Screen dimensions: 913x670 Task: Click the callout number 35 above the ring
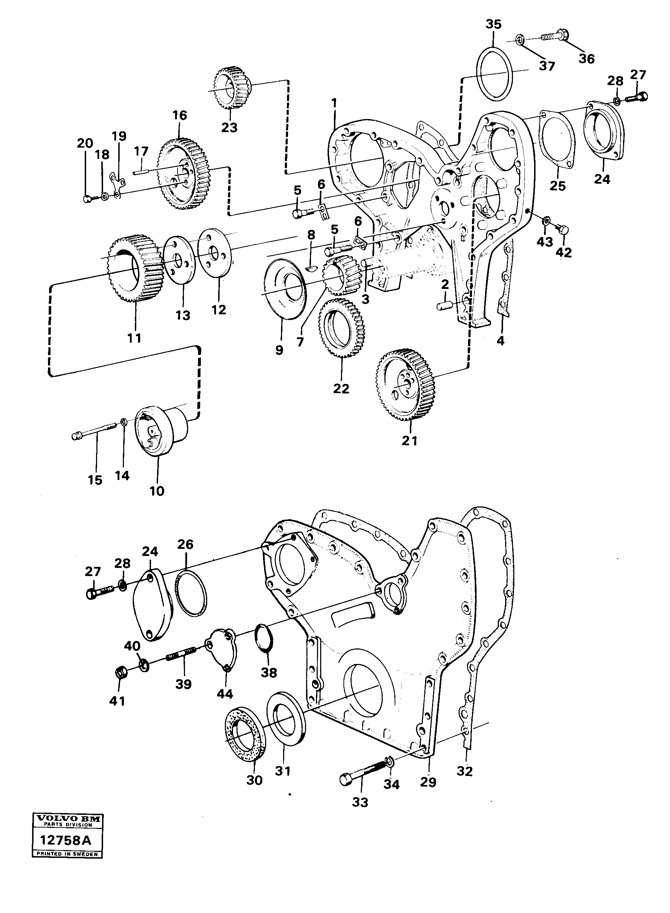tap(493, 24)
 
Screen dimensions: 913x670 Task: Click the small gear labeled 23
tap(232, 88)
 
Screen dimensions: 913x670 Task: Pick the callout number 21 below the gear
tap(409, 440)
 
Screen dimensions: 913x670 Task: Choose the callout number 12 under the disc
tap(219, 310)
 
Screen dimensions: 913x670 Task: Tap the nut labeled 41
tap(120, 674)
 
